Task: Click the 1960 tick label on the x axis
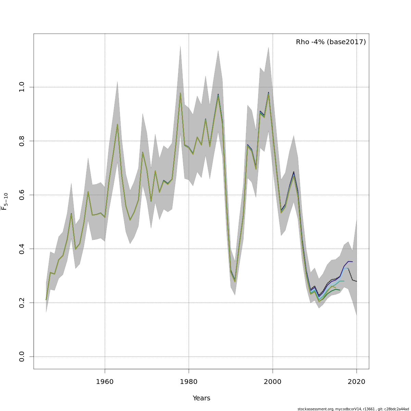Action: pos(105,382)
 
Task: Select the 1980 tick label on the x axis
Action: pos(189,382)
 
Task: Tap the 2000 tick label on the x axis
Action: pos(273,382)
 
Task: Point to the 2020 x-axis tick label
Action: pos(357,382)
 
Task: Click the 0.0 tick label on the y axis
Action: pos(22,357)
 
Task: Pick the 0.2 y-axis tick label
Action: pos(22,303)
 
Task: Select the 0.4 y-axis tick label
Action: pos(22,249)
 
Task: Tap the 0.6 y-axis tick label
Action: pos(22,195)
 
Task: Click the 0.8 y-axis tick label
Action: pos(22,141)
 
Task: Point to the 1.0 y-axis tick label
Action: pos(22,87)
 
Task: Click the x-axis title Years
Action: pos(201,398)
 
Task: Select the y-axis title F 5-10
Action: pos(4,201)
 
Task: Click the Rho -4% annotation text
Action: pos(331,42)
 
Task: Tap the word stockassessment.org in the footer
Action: pos(315,409)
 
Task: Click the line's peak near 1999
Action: pos(269,93)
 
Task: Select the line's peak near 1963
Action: pos(117,124)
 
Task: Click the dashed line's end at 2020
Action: pos(357,282)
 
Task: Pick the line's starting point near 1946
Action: pos(46,300)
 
